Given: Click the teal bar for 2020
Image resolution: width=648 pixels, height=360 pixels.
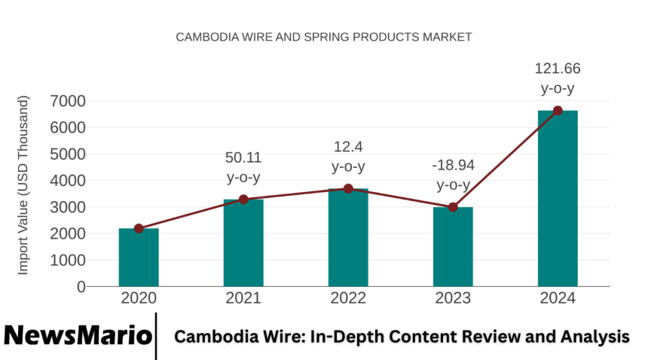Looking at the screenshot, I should [x=139, y=257].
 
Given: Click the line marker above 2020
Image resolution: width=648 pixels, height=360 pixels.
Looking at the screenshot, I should [x=139, y=228].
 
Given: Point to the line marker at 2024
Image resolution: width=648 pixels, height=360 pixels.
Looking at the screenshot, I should [x=558, y=111].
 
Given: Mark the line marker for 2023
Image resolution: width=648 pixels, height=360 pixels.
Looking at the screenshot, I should [x=453, y=207].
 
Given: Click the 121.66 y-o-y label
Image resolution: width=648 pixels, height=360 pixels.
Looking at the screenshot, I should [x=558, y=78].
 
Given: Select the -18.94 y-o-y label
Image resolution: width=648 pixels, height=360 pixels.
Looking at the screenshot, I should [x=453, y=175].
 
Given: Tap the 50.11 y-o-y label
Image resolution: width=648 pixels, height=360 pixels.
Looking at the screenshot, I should [x=243, y=167].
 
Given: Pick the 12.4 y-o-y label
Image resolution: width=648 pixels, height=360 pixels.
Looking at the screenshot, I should [x=348, y=156].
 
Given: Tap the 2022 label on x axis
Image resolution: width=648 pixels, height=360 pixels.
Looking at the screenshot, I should [x=348, y=298].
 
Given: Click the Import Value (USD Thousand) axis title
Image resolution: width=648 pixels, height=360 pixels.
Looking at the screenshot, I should [x=23, y=185].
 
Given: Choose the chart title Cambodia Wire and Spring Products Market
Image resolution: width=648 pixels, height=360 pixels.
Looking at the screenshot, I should [x=323, y=36].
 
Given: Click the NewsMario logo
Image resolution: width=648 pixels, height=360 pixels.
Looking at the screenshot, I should [x=78, y=336].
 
